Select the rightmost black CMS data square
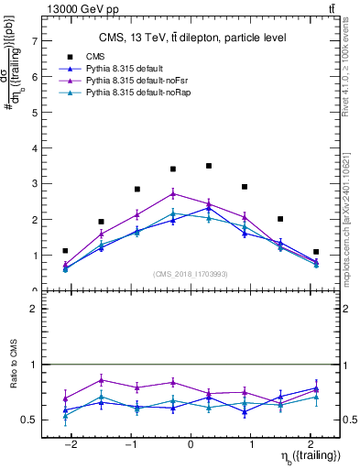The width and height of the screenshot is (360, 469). coord(316,252)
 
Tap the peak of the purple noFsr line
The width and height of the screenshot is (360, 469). coord(173,193)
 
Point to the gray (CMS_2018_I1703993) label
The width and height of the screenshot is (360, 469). coord(191,274)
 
